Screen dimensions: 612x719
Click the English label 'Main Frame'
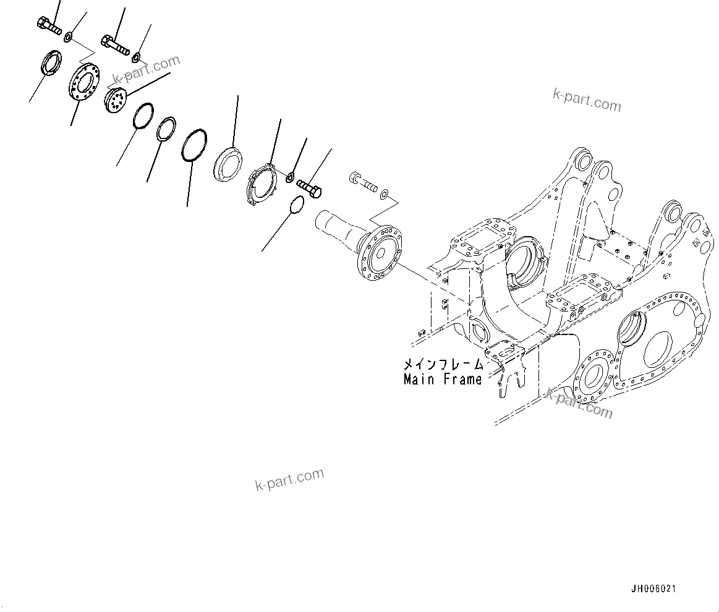pyautogui.click(x=442, y=380)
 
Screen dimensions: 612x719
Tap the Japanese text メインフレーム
pyautogui.click(x=442, y=365)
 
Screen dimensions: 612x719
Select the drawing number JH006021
pyautogui.click(x=653, y=589)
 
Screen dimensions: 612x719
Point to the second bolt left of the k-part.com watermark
pyautogui.click(x=113, y=43)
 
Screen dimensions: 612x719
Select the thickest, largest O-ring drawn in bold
pyautogui.click(x=194, y=145)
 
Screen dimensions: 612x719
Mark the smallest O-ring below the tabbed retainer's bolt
pyautogui.click(x=296, y=205)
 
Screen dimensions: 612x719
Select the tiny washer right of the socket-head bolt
pyautogui.click(x=385, y=195)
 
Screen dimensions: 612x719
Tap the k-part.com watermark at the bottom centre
pyautogui.click(x=289, y=479)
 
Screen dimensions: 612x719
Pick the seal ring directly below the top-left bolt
pyautogui.click(x=50, y=64)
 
